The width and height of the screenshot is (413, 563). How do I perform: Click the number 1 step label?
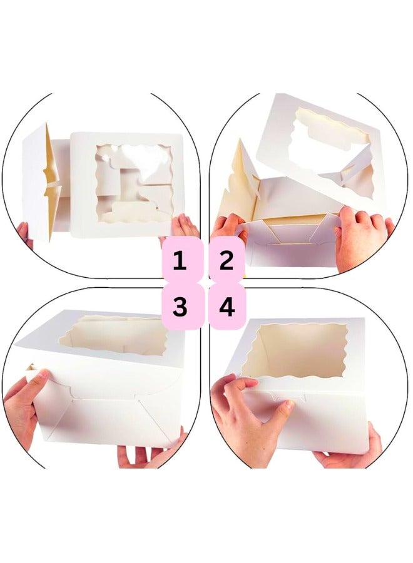[x=180, y=260]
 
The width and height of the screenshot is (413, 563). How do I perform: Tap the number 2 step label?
[x=227, y=260]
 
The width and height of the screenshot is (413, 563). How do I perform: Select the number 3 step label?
[x=180, y=307]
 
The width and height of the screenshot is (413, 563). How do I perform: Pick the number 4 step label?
[x=227, y=307]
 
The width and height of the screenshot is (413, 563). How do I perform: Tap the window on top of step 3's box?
[x=113, y=335]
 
